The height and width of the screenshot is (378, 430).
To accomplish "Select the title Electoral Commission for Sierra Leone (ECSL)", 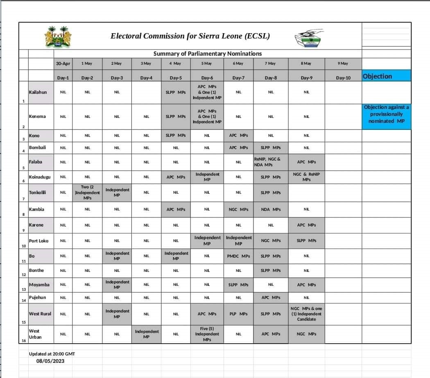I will point(190,36).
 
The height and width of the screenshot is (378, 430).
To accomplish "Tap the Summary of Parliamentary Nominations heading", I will point(208,54).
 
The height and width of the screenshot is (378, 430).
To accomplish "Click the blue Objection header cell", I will point(386,76).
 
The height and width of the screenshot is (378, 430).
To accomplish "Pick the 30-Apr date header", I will point(63,63).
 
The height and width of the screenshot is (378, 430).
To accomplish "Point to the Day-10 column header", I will point(343,78).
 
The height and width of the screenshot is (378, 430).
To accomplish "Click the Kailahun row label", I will point(38,92).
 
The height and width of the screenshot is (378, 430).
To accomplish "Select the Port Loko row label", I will point(38,241).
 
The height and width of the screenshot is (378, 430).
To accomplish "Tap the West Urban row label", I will point(34,334).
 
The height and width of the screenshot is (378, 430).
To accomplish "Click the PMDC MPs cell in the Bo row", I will point(238,256).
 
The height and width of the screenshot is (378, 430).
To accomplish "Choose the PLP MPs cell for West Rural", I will point(238,314).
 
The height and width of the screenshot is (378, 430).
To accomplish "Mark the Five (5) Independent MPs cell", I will point(207,334).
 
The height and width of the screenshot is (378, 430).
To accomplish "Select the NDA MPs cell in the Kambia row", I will point(270,210).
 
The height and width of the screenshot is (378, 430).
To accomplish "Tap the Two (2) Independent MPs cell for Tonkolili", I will point(87,192).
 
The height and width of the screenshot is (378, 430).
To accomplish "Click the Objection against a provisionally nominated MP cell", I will point(386,114).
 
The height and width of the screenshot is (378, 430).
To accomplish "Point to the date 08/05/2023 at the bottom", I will point(50,361).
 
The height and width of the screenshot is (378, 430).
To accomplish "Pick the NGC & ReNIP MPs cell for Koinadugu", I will point(306,177).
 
